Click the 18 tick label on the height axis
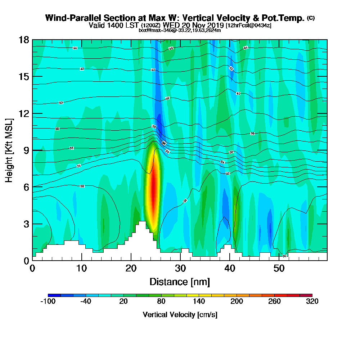coord(24,40)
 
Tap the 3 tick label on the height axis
coord(26,224)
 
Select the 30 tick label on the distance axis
coord(180,269)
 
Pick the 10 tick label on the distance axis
coord(82,269)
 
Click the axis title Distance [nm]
coord(180,282)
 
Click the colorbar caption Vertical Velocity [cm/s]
coord(180,315)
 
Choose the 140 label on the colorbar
coord(199,302)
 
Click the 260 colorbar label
coord(275,302)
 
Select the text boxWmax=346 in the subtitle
coord(153,30)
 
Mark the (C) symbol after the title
coord(311,18)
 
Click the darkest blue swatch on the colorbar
coord(54,295)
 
